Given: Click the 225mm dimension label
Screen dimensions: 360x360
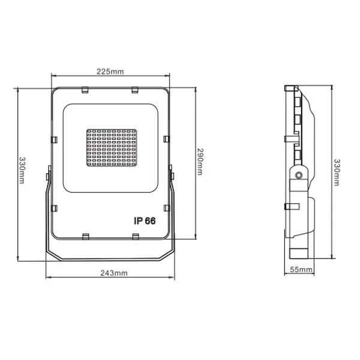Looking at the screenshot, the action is coord(110,71).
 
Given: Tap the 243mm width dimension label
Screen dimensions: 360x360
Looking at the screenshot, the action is coord(114,273).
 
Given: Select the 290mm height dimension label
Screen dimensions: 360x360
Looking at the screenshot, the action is coord(200,162).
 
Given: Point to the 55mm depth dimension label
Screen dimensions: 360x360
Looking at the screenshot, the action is coord(301,269).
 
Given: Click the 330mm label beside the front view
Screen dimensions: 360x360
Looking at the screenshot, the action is coord(22,170).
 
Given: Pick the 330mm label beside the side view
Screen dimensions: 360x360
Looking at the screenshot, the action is coord(337,172).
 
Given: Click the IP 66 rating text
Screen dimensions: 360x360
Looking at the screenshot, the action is coord(145,221).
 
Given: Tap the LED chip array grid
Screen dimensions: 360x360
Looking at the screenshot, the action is coord(112,148).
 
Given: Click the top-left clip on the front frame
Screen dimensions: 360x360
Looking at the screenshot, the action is coord(85,90).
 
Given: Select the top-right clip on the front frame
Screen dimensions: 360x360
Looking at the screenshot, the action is coord(135,90).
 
